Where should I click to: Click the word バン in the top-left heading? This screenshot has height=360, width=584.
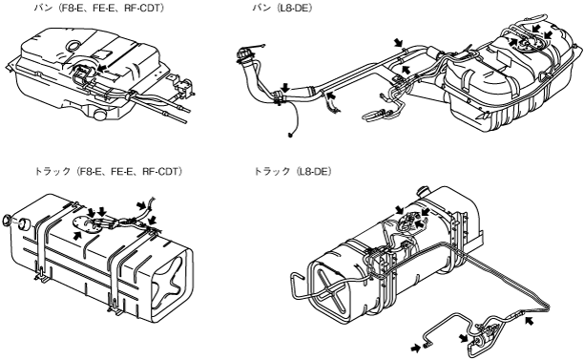pyautogui.click(x=43, y=9)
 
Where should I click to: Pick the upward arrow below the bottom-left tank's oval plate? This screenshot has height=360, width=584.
pyautogui.click(x=77, y=235)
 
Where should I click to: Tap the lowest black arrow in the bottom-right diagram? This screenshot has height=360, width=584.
pyautogui.click(x=416, y=349)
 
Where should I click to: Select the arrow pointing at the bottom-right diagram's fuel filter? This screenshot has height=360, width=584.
pyautogui.click(x=463, y=338)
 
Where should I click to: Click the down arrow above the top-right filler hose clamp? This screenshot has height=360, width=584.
pyautogui.click(x=285, y=87)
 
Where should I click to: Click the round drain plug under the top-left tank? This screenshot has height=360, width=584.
pyautogui.click(x=99, y=115)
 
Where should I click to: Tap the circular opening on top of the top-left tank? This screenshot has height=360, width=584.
pyautogui.click(x=73, y=46)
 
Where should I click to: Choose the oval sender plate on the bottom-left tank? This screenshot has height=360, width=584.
pyautogui.click(x=88, y=224)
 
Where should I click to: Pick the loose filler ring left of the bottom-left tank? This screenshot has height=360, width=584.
pyautogui.click(x=7, y=221)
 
